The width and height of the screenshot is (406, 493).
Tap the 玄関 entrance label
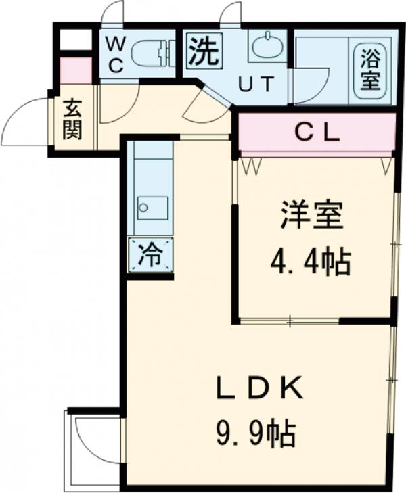point(73,120)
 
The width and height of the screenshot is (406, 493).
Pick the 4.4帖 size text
point(311,260)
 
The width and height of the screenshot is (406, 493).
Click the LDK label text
point(258,390)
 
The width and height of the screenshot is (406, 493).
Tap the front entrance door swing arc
point(27,122)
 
